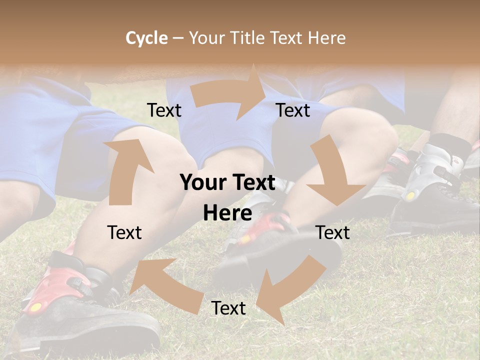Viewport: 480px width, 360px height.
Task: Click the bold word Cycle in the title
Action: click(146, 38)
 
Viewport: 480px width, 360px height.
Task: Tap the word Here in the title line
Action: click(326, 38)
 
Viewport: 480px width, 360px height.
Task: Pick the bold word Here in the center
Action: click(227, 213)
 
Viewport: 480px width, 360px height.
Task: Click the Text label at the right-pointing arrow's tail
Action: click(164, 110)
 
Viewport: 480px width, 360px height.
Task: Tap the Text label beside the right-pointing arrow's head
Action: click(293, 110)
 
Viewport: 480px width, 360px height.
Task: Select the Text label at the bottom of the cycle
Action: click(228, 308)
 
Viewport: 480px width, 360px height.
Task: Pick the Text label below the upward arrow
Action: click(124, 232)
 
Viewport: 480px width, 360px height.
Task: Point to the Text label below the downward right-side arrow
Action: click(333, 232)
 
